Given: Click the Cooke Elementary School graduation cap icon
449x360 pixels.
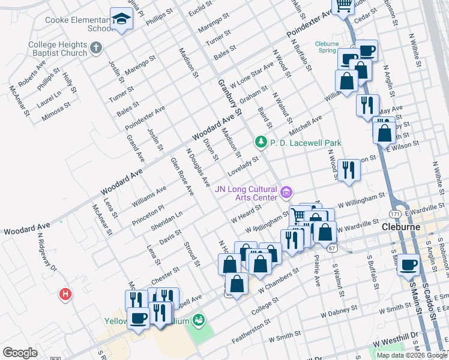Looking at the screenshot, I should click(x=121, y=20).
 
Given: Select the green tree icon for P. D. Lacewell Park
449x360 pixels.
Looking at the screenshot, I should click(x=261, y=142).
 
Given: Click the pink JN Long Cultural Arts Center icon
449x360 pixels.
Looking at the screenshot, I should click(x=286, y=192).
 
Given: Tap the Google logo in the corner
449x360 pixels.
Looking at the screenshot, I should click(x=20, y=352).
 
